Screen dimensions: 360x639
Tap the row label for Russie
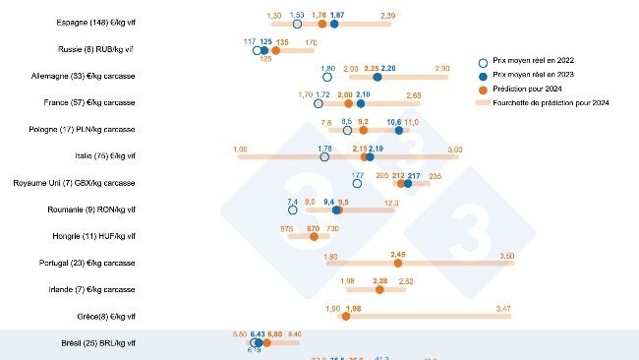(96, 49)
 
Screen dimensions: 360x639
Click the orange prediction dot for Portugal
(398, 263)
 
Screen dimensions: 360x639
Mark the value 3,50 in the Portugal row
(506, 256)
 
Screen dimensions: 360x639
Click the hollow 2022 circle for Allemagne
(327, 76)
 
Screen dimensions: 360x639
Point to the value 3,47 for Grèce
(503, 309)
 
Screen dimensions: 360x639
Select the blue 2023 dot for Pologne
(399, 129)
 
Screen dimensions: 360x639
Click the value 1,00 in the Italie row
(241, 149)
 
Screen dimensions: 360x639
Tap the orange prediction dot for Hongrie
(314, 236)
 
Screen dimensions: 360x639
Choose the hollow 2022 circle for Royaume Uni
(357, 183)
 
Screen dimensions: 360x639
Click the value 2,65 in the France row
(413, 95)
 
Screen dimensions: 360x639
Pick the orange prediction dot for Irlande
(380, 289)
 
